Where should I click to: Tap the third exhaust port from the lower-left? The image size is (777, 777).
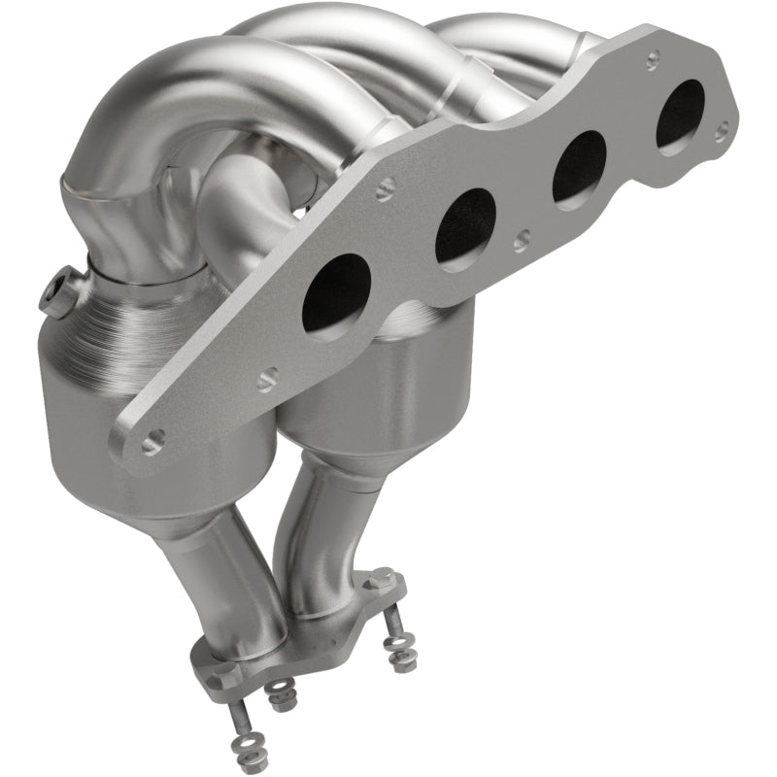coord(580,166)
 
